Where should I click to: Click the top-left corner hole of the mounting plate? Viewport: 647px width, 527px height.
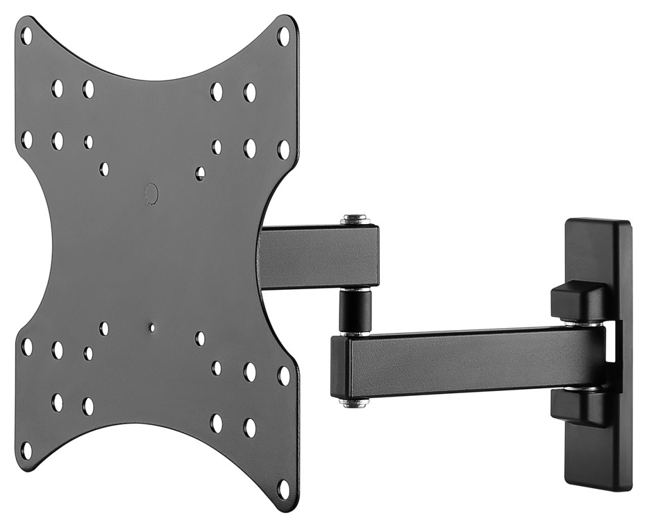pyautogui.click(x=26, y=35)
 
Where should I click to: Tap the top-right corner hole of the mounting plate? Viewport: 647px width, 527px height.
pyautogui.click(x=283, y=35)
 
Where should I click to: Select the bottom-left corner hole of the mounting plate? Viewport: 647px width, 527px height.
pyautogui.click(x=26, y=450)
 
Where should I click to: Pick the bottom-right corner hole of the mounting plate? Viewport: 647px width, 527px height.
pyautogui.click(x=283, y=488)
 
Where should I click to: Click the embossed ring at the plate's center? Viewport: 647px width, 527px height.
pyautogui.click(x=151, y=193)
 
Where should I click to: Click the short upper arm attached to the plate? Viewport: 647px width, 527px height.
pyautogui.click(x=319, y=257)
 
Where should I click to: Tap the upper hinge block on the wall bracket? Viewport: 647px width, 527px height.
pyautogui.click(x=580, y=301)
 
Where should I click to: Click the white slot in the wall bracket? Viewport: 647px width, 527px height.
pyautogui.click(x=610, y=342)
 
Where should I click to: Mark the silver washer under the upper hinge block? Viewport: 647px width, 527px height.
pyautogui.click(x=582, y=323)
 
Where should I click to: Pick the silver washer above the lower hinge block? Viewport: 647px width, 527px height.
pyautogui.click(x=582, y=388)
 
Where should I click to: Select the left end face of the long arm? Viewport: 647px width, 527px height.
pyautogui.click(x=339, y=367)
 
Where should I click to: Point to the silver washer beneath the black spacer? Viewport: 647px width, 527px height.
pyautogui.click(x=355, y=334)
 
